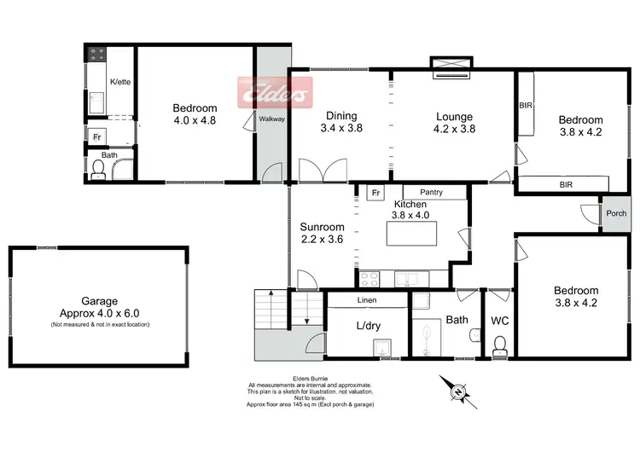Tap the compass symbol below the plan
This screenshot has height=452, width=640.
coord(459,391)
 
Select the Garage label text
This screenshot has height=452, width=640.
coord(99,301)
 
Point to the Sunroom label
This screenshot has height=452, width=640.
coord(322,228)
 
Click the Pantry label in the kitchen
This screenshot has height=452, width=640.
coord(431,193)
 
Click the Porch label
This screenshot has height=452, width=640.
coord(615,213)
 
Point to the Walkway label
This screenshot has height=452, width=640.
coord(272,119)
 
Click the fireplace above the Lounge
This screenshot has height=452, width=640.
coord(451,66)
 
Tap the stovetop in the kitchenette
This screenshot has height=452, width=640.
coord(96,55)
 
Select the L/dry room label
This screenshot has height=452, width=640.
coord(368,326)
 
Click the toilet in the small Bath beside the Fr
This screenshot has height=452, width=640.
coord(99,171)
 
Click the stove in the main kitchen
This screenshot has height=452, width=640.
coord(370,277)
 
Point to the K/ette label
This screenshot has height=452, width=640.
coord(120,82)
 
